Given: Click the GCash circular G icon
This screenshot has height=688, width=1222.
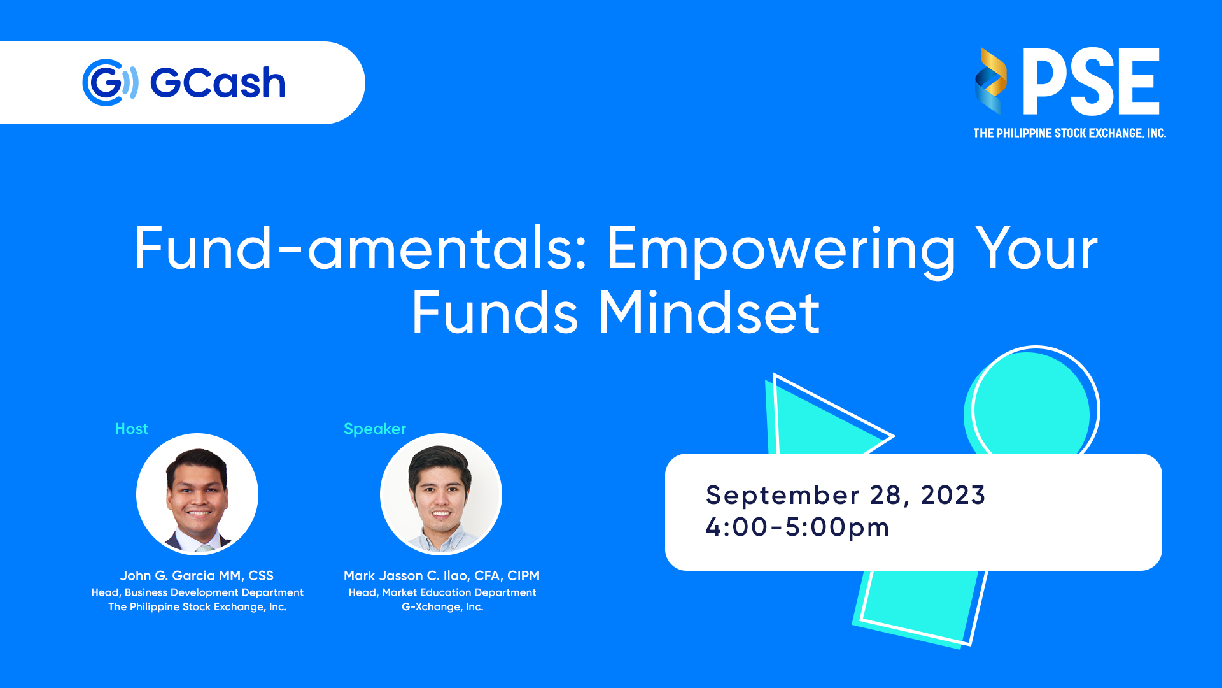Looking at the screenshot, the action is (110, 83).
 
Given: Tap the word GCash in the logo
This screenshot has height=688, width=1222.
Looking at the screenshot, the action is (218, 83).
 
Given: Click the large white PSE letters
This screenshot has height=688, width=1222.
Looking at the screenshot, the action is (1091, 82).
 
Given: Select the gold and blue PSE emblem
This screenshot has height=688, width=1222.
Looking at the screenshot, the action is (990, 81).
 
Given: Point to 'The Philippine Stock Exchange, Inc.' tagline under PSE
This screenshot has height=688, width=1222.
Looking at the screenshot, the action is (1069, 133).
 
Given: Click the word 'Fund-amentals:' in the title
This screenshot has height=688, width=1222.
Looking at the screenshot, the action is (361, 248).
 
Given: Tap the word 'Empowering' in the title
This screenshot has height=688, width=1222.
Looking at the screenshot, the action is (781, 252).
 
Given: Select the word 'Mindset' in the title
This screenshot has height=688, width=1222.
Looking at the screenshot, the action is (709, 313).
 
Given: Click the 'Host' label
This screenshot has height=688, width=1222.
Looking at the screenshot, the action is (132, 429).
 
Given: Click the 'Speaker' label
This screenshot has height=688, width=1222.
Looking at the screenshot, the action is (375, 429).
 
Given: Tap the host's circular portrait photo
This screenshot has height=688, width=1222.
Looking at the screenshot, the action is (197, 494).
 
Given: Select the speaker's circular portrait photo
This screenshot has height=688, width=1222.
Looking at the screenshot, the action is (441, 494).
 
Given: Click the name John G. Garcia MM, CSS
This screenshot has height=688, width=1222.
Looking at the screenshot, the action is (197, 576).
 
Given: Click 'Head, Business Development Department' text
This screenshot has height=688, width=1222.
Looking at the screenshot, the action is (197, 592).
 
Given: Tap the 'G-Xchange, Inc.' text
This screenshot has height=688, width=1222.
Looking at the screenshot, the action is (442, 607).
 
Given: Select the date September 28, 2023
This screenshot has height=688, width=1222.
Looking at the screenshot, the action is (846, 496).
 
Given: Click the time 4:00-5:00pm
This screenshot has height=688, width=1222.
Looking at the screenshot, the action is (797, 528).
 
